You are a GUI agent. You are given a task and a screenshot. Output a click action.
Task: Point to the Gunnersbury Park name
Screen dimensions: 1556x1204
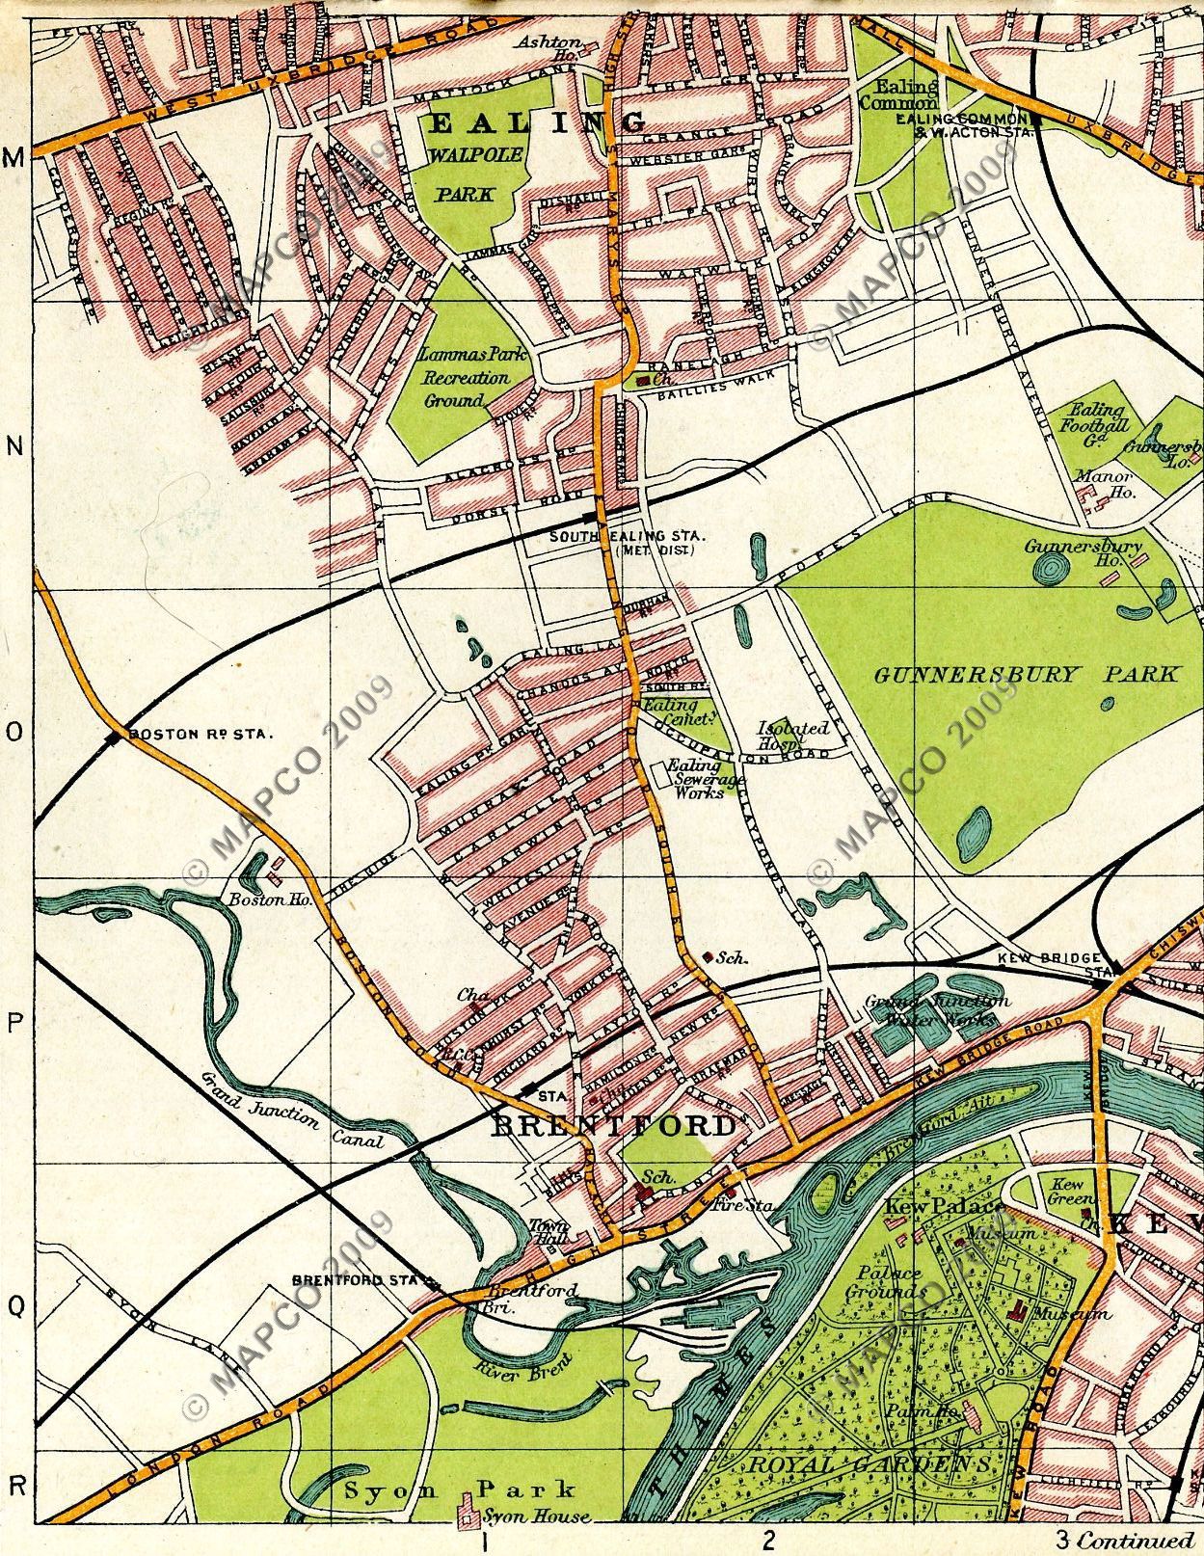[1026, 674]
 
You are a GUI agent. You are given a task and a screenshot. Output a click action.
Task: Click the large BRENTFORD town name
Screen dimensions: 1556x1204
[614, 1126]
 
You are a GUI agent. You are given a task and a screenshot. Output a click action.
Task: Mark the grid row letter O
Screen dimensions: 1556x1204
[14, 732]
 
